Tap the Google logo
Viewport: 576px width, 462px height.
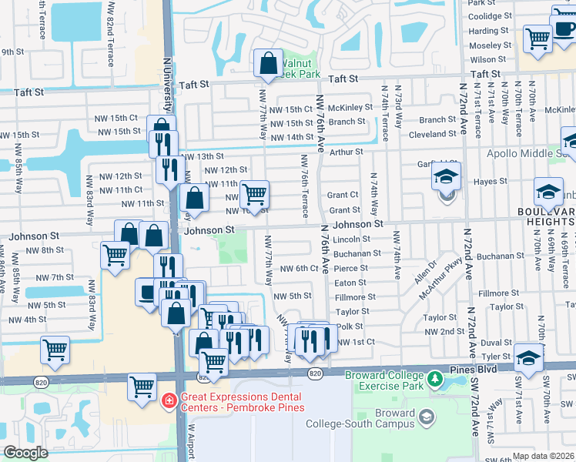click(x=25, y=453)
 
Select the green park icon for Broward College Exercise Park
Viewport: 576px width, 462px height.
click(x=435, y=380)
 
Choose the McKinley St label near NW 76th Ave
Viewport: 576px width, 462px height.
click(x=350, y=108)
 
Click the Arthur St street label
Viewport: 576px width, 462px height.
click(x=346, y=152)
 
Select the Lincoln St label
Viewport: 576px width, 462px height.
click(x=353, y=239)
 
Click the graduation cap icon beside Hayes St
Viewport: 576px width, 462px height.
click(x=446, y=178)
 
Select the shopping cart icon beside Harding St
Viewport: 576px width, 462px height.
click(x=537, y=38)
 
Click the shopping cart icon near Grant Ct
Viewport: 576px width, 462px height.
click(x=254, y=193)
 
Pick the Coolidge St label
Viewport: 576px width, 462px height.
click(x=490, y=16)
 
